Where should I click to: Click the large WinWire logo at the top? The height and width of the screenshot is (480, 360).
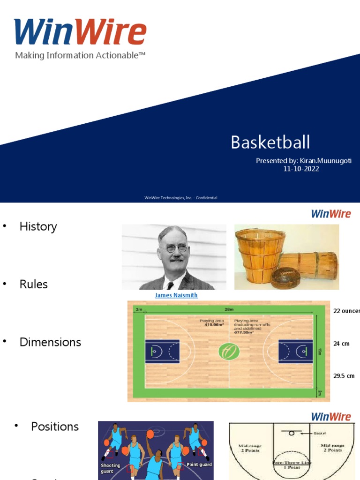[80, 32]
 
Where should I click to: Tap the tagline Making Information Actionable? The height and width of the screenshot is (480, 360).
[80, 55]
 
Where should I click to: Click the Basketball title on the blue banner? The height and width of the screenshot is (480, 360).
[270, 142]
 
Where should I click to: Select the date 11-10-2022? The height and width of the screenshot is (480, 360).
[301, 169]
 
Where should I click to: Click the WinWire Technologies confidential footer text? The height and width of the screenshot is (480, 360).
[180, 198]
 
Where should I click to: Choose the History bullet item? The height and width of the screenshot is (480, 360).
[38, 226]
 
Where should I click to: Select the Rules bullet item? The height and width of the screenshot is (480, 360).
[33, 284]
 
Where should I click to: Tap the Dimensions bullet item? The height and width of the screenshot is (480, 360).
[50, 342]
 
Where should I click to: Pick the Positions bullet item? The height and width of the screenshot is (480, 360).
[55, 427]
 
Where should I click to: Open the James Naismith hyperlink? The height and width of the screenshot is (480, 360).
[176, 295]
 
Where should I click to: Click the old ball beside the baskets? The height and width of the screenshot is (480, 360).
[285, 277]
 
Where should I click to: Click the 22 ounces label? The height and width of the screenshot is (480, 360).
[346, 311]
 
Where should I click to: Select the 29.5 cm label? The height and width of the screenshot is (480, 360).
[344, 376]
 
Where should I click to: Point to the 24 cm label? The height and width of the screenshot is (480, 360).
[341, 344]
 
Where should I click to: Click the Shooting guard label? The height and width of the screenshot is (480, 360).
[111, 468]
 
